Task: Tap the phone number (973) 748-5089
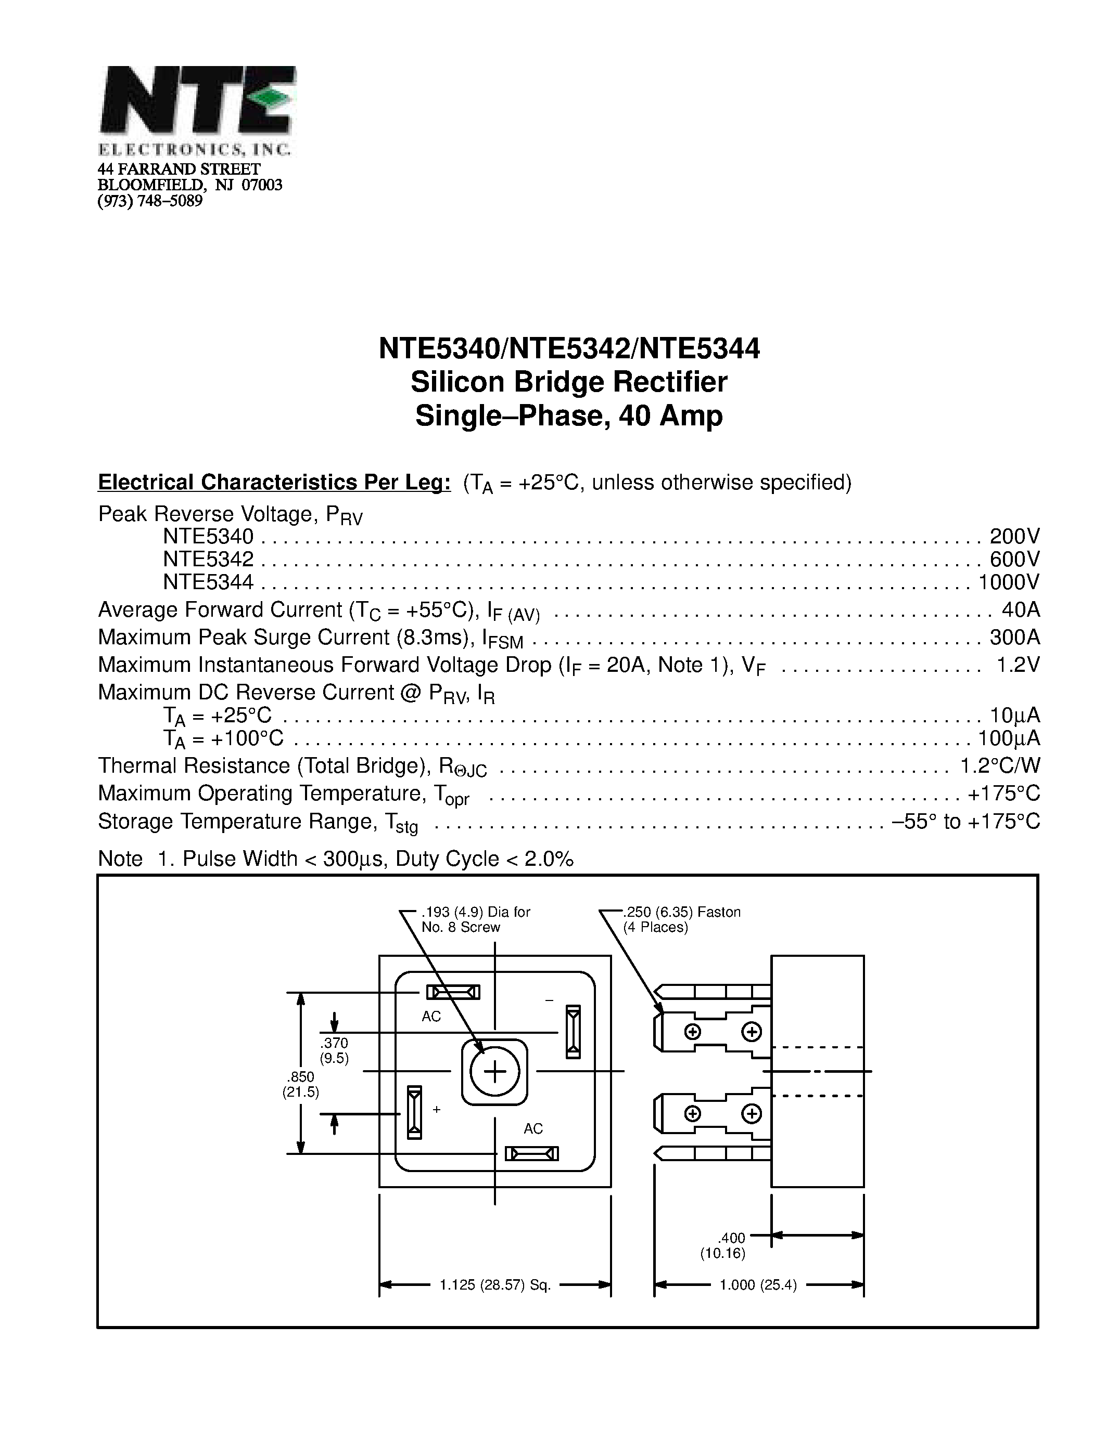click(150, 201)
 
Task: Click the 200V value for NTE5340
click(1014, 536)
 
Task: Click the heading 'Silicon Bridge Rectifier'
click(569, 382)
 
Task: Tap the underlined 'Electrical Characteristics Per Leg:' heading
click(274, 482)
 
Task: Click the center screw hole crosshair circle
click(494, 1072)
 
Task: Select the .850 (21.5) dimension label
click(301, 1084)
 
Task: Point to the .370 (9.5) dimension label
click(334, 1050)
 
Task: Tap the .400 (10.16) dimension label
click(723, 1245)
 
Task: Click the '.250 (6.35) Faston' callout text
click(681, 912)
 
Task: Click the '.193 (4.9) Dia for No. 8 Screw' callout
click(475, 919)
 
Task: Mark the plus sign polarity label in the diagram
click(437, 1110)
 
